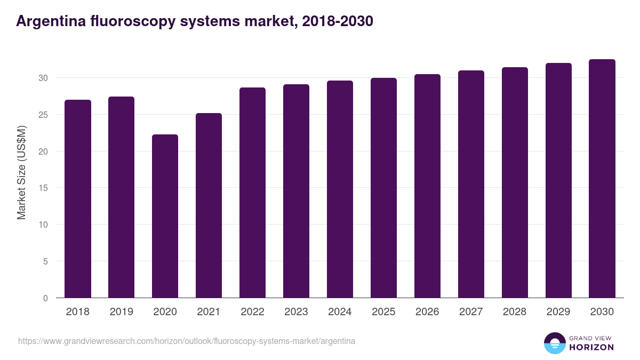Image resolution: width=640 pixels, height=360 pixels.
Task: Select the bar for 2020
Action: (x=165, y=216)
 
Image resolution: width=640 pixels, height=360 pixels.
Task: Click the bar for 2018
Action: (x=78, y=198)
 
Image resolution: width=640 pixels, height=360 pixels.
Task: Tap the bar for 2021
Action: (x=209, y=205)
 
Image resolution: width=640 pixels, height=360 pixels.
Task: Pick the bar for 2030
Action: (x=602, y=179)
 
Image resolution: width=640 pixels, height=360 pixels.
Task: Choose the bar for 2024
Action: (x=340, y=189)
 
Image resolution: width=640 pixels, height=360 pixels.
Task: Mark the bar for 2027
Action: (x=471, y=184)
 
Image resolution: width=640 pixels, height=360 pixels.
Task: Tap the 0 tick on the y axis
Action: (x=45, y=298)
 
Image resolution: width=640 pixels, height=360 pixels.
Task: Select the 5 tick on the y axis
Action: (x=45, y=261)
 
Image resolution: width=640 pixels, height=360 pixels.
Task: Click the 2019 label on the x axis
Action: (x=122, y=312)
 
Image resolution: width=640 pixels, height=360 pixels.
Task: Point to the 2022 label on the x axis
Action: (x=252, y=312)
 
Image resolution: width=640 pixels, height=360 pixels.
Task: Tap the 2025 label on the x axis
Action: (x=383, y=312)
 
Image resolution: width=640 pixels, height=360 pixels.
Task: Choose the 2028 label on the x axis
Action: (x=515, y=312)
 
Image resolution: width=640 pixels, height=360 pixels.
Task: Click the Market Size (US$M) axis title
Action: (x=21, y=172)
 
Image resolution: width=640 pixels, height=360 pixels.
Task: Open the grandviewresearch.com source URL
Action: (x=187, y=341)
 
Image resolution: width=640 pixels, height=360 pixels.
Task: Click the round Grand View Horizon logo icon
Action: (x=555, y=343)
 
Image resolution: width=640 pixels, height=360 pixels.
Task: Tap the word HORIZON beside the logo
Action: (x=591, y=347)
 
